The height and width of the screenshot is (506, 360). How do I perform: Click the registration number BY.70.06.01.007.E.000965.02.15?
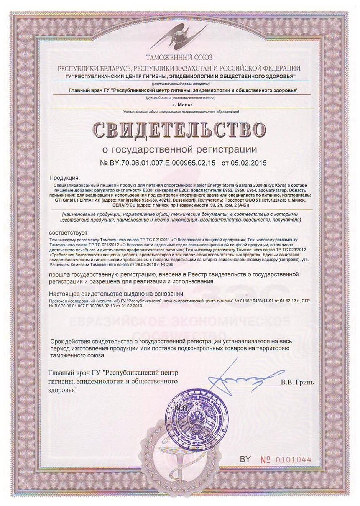(x=158, y=163)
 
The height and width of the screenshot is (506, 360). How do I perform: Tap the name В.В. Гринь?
(x=297, y=382)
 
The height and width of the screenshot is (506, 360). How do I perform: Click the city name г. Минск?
(x=180, y=104)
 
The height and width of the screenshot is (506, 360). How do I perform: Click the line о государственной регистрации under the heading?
(x=180, y=149)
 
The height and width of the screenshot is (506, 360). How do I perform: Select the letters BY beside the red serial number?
(x=245, y=459)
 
